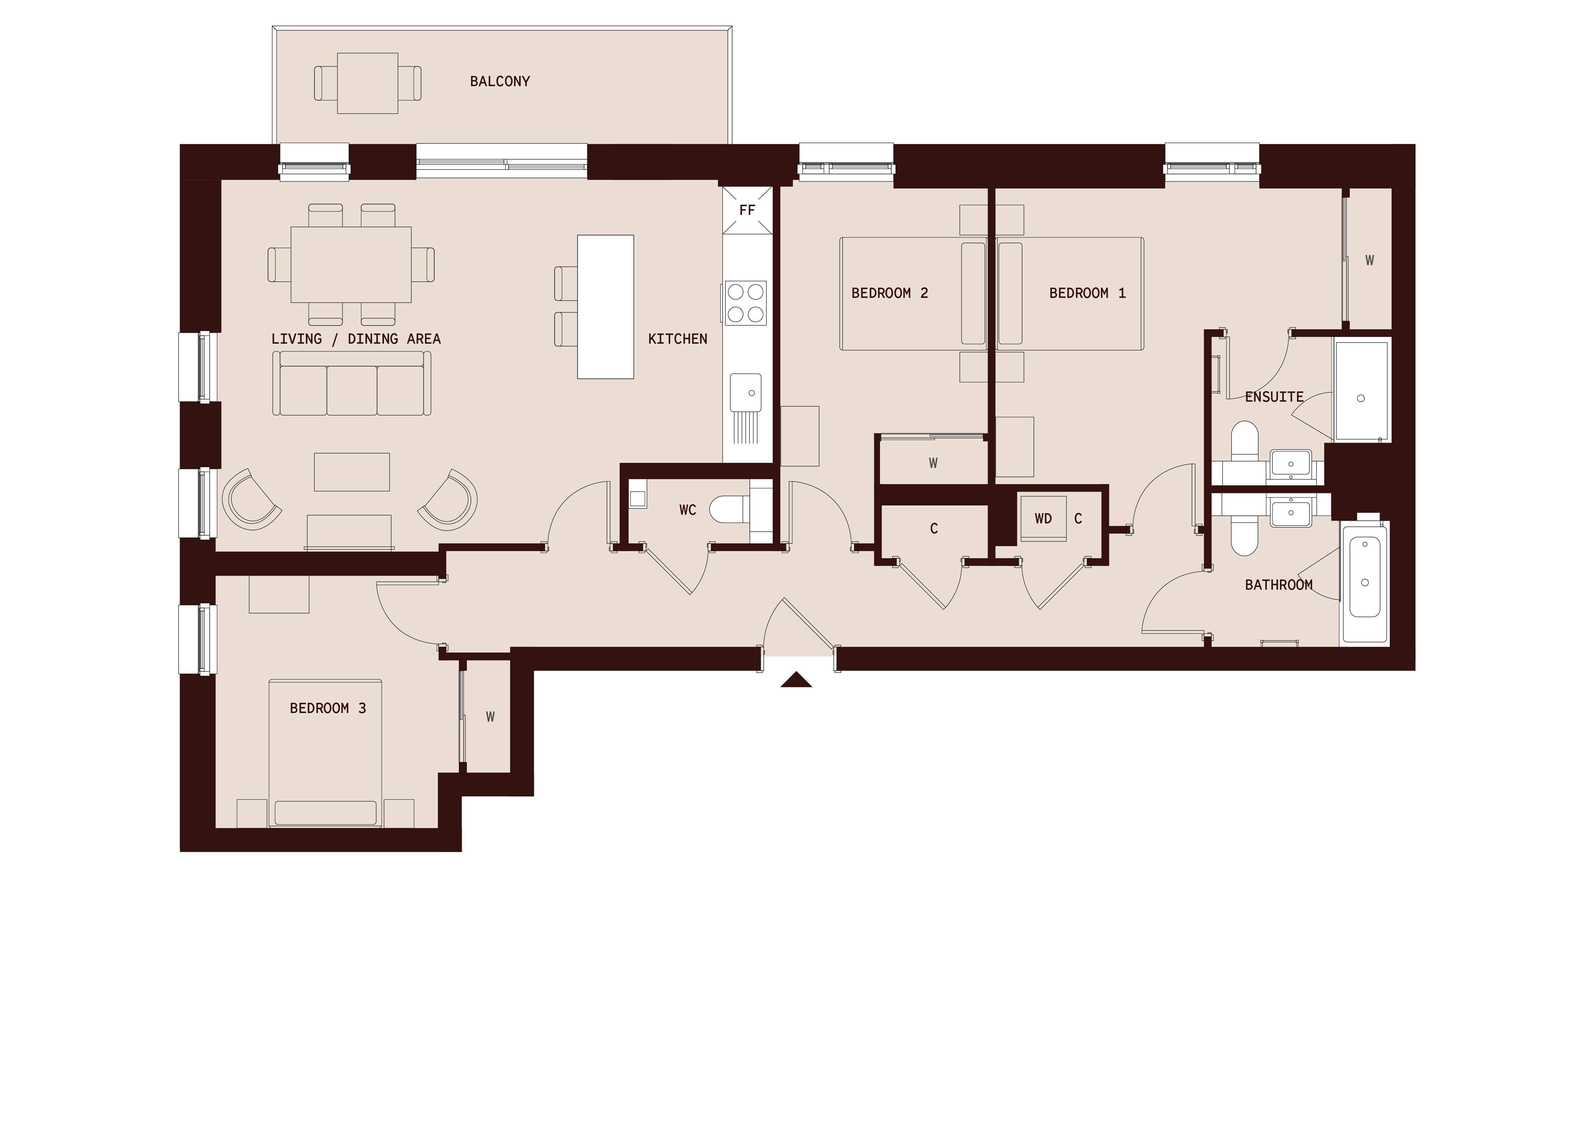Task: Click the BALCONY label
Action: point(500,82)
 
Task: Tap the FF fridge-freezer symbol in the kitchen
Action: point(746,210)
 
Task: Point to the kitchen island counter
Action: point(606,307)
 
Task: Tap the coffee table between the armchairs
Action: point(352,472)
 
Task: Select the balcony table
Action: point(367,83)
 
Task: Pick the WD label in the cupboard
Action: point(1043,518)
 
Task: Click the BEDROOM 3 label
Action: point(327,708)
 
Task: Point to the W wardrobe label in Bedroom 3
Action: point(490,717)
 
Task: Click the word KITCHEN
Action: point(677,339)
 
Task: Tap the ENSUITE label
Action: point(1274,397)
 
